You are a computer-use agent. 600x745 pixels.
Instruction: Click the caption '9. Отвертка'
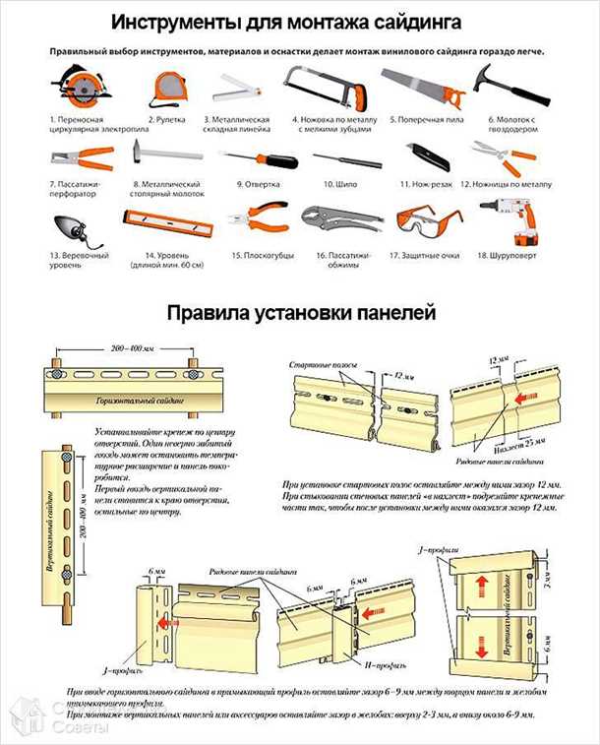coord(253,184)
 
